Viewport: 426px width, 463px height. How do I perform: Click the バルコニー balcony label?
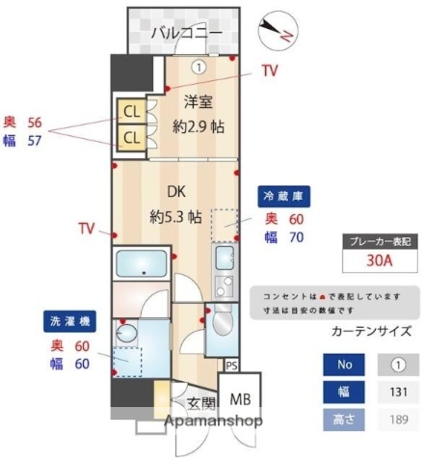[x=187, y=35]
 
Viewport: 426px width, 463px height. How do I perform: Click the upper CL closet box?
[x=129, y=110]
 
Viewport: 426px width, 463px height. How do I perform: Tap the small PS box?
[x=230, y=366]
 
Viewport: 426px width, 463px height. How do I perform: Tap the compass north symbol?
[x=282, y=28]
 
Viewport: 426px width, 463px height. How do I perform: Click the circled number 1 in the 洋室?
[x=198, y=68]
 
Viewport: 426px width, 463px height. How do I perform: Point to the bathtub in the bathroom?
[x=143, y=263]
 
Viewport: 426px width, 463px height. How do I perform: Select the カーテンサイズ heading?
[x=370, y=331]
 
